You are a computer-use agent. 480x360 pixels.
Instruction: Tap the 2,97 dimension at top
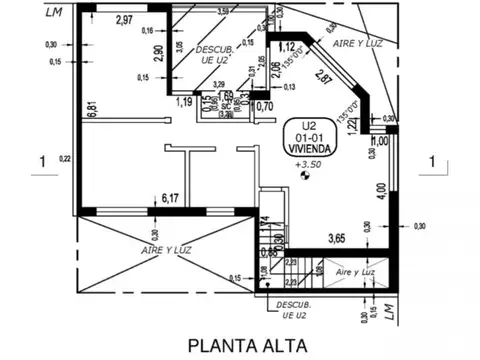(x=125, y=19)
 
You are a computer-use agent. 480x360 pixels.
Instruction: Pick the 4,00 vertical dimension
(x=380, y=188)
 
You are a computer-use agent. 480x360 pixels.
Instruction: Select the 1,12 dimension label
(x=287, y=47)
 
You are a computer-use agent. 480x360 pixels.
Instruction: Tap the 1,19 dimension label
(x=184, y=101)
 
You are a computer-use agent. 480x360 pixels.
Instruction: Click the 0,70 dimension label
(x=265, y=107)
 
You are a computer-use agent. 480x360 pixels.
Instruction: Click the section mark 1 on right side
(x=432, y=159)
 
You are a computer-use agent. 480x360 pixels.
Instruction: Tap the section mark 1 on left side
(x=42, y=159)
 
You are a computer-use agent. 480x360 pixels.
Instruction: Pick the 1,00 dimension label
(x=379, y=141)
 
